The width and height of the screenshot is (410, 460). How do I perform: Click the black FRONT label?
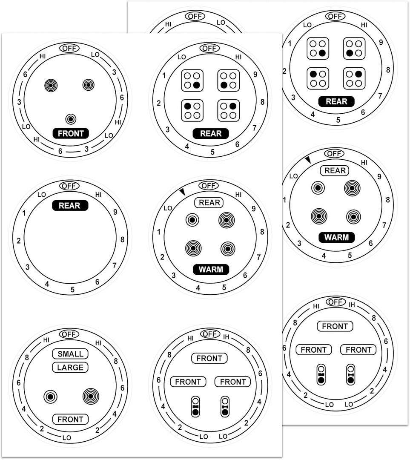[71, 133]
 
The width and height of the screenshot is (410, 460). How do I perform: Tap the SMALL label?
[70, 354]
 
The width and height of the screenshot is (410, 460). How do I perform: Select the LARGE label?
[70, 367]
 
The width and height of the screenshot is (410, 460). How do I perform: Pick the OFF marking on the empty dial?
[69, 186]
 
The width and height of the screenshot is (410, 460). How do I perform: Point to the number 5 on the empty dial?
[72, 290]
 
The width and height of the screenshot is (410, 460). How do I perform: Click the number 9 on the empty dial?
[115, 212]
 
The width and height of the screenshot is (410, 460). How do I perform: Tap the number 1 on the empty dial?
[24, 213]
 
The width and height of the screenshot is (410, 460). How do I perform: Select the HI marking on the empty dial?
[98, 195]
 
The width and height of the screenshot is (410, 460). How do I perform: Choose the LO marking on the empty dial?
[41, 195]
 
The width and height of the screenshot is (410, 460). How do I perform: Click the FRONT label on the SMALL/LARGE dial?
[70, 420]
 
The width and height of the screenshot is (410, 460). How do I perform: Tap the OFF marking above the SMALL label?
[69, 334]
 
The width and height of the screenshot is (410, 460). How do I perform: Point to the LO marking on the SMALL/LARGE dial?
[67, 437]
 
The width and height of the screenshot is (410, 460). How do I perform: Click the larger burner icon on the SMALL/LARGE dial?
[91, 396]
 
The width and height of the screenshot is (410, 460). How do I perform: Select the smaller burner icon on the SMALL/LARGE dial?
[51, 397]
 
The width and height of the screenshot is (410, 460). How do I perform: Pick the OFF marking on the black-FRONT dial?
[69, 48]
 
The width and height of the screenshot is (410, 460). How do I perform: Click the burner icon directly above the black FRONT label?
[71, 119]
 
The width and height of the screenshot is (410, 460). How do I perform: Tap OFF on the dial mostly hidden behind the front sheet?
[195, 16]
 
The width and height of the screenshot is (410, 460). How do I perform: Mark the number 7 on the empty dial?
[114, 265]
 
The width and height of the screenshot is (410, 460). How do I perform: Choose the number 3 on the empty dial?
[28, 267]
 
